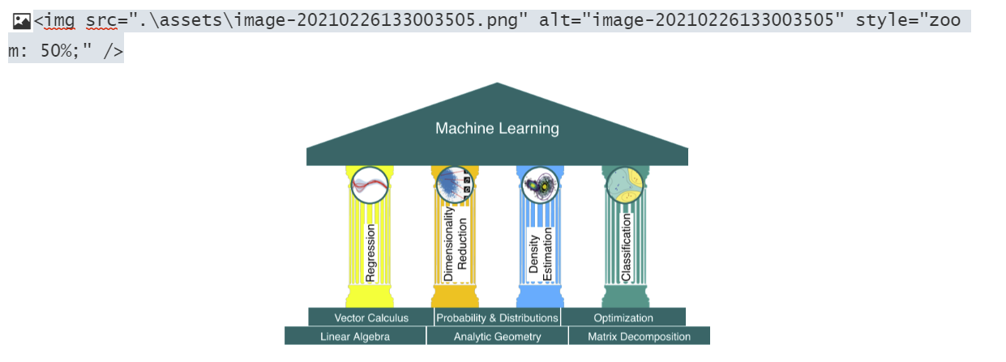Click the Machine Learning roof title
point(497,128)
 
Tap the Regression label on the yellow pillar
point(370,253)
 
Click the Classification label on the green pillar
point(626,248)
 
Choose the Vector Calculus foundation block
point(371,317)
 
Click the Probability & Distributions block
point(497,317)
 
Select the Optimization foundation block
point(623,317)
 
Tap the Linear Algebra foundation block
point(355,336)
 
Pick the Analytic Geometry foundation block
point(497,336)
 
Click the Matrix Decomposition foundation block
point(639,336)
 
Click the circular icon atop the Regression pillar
point(370,185)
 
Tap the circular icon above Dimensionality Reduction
point(454,185)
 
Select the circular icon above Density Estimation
point(540,185)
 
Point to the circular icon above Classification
point(624,185)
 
